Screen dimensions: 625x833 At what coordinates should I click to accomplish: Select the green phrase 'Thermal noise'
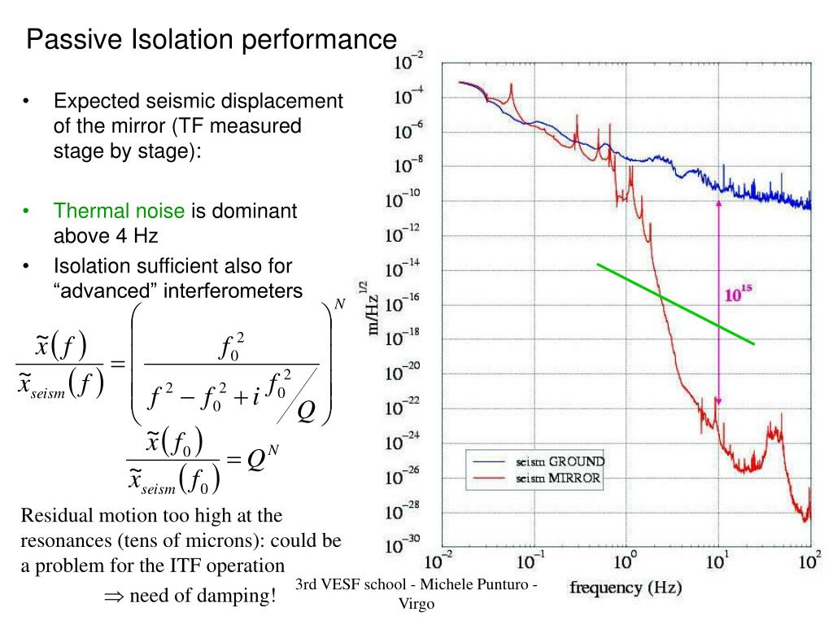point(120,212)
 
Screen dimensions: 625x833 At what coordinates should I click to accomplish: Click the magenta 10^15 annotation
point(738,295)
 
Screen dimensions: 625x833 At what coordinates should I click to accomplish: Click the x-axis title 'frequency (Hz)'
point(626,588)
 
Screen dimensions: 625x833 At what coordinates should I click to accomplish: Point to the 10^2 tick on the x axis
point(810,562)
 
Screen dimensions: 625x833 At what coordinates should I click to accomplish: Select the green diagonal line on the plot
point(675,304)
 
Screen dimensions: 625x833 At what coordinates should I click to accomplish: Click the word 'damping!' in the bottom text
point(241,596)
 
